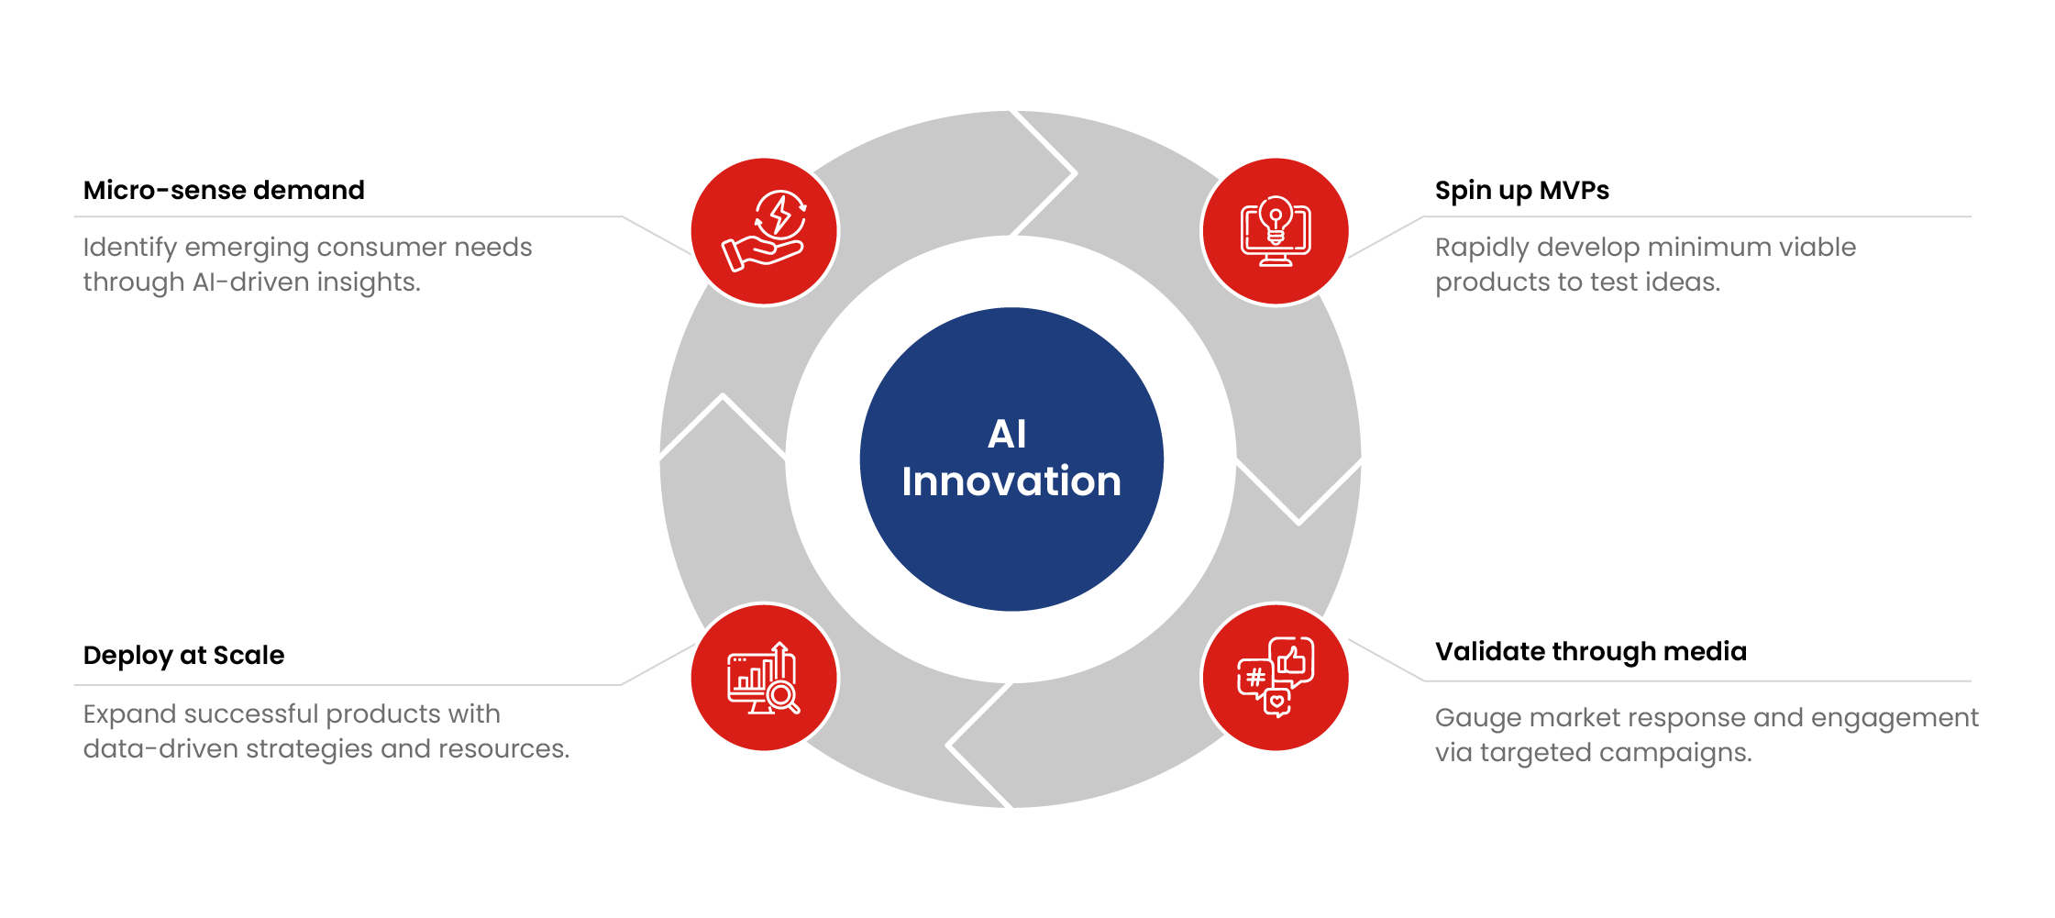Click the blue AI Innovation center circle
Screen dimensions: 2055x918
pos(1011,459)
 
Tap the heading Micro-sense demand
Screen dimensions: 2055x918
pos(224,190)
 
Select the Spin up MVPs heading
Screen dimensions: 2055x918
pos(1522,191)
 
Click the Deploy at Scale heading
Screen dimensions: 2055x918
pos(183,656)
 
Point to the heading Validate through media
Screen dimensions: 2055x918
pos(1591,652)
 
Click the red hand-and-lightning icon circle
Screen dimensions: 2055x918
pos(765,232)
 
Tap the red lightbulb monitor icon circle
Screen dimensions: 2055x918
pos(1276,232)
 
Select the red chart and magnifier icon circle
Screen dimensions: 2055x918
pos(765,678)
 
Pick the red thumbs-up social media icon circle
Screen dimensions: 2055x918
pos(1276,678)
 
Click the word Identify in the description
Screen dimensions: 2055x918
pos(130,248)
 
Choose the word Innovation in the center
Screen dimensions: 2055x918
pos(1011,481)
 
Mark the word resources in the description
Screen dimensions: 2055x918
pos(503,749)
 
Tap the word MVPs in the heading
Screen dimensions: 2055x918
pos(1574,190)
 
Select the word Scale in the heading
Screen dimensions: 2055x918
pos(249,655)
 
